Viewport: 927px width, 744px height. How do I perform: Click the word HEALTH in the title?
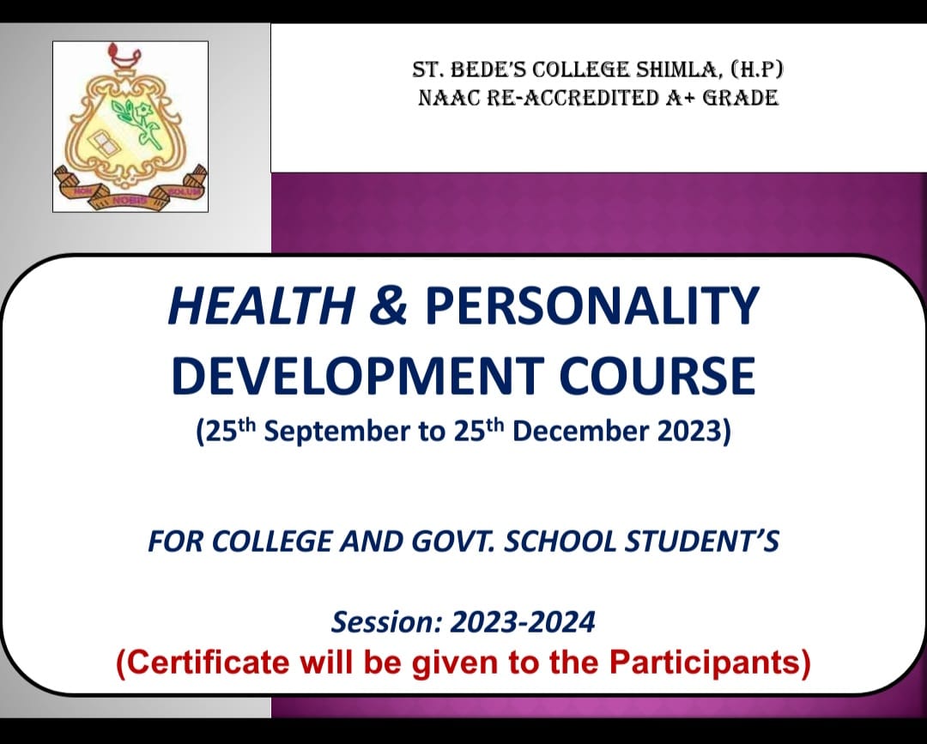pyautogui.click(x=261, y=305)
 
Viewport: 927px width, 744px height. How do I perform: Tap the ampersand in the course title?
pyautogui.click(x=389, y=305)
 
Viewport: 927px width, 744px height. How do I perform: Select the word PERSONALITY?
pyautogui.click(x=591, y=305)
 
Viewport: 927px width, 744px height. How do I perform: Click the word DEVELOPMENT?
pyautogui.click(x=358, y=376)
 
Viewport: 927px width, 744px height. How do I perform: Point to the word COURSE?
pyautogui.click(x=657, y=376)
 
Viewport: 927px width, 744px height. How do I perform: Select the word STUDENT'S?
pyautogui.click(x=702, y=541)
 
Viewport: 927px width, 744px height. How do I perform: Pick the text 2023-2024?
pyautogui.click(x=523, y=622)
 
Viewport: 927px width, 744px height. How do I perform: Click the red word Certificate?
pyautogui.click(x=208, y=662)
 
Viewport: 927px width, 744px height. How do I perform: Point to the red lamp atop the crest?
pyautogui.click(x=124, y=56)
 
